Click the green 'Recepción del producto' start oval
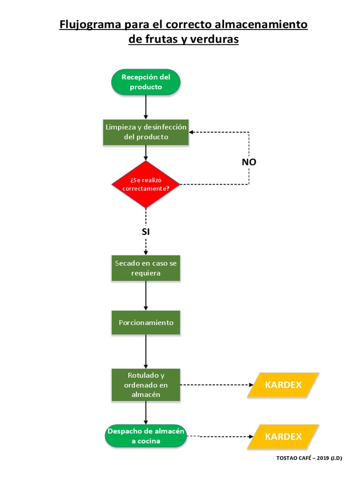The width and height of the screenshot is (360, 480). [146, 82]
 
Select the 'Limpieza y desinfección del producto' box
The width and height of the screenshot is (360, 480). [146, 132]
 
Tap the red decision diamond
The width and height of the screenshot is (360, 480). [146, 184]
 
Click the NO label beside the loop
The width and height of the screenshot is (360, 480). [249, 162]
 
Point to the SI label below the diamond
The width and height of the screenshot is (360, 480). [146, 231]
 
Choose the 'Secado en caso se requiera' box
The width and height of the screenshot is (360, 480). [146, 268]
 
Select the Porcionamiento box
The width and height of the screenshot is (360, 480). [146, 322]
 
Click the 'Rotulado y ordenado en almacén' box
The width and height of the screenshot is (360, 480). [146, 385]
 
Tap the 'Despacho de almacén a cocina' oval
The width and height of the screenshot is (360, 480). [146, 436]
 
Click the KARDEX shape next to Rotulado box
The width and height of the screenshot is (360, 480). [283, 385]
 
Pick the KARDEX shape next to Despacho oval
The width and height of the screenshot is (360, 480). [283, 437]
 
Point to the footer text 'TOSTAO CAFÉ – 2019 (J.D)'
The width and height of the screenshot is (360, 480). [309, 458]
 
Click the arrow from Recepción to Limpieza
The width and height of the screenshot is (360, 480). [146, 106]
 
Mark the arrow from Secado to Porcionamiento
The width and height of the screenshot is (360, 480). [146, 295]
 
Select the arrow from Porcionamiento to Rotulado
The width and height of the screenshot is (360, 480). [146, 352]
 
